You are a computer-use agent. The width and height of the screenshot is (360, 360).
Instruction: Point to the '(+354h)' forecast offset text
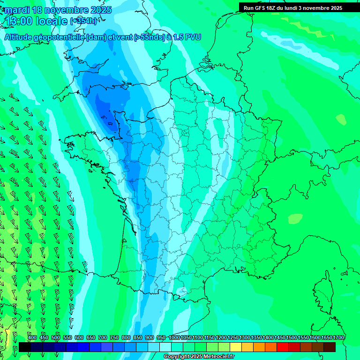tap(84, 21)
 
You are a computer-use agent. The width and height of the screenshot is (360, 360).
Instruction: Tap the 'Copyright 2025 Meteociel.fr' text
tap(199, 357)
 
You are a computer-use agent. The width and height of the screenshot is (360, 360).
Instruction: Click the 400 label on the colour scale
tap(32, 338)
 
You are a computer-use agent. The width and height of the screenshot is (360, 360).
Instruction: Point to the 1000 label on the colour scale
tap(174, 338)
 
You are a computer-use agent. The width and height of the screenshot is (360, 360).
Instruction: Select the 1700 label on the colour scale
tap(338, 338)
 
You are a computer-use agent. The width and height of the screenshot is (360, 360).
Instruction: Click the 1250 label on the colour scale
tap(233, 338)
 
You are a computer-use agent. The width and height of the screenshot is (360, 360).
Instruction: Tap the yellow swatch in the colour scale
tap(236, 347)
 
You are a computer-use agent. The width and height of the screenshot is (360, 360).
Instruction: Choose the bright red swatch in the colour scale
tap(283, 347)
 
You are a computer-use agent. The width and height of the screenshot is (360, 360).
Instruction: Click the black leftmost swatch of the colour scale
tap(25, 347)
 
